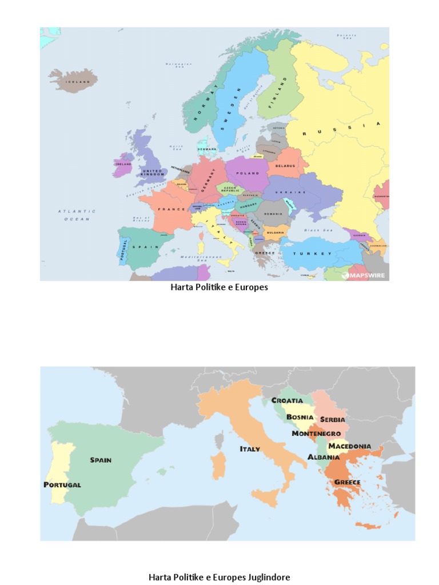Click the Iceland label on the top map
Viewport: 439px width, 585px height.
point(78,82)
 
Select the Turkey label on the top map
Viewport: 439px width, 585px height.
point(313,253)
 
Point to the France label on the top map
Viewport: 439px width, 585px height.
point(167,210)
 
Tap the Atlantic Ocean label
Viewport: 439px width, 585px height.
point(77,215)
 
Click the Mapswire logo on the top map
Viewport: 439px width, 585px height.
point(364,275)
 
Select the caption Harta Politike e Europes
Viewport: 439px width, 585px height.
point(219,287)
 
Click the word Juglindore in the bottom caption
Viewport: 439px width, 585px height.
point(269,577)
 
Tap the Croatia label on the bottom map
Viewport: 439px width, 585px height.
point(287,400)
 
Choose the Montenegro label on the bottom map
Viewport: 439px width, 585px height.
point(316,434)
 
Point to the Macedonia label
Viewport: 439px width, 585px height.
point(349,446)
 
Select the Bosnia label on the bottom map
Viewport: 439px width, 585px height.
point(300,417)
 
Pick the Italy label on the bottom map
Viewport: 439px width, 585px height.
point(250,449)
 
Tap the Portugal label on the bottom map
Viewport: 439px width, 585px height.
point(62,484)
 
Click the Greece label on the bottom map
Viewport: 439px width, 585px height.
point(347,482)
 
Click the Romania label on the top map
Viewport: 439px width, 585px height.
point(273,214)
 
